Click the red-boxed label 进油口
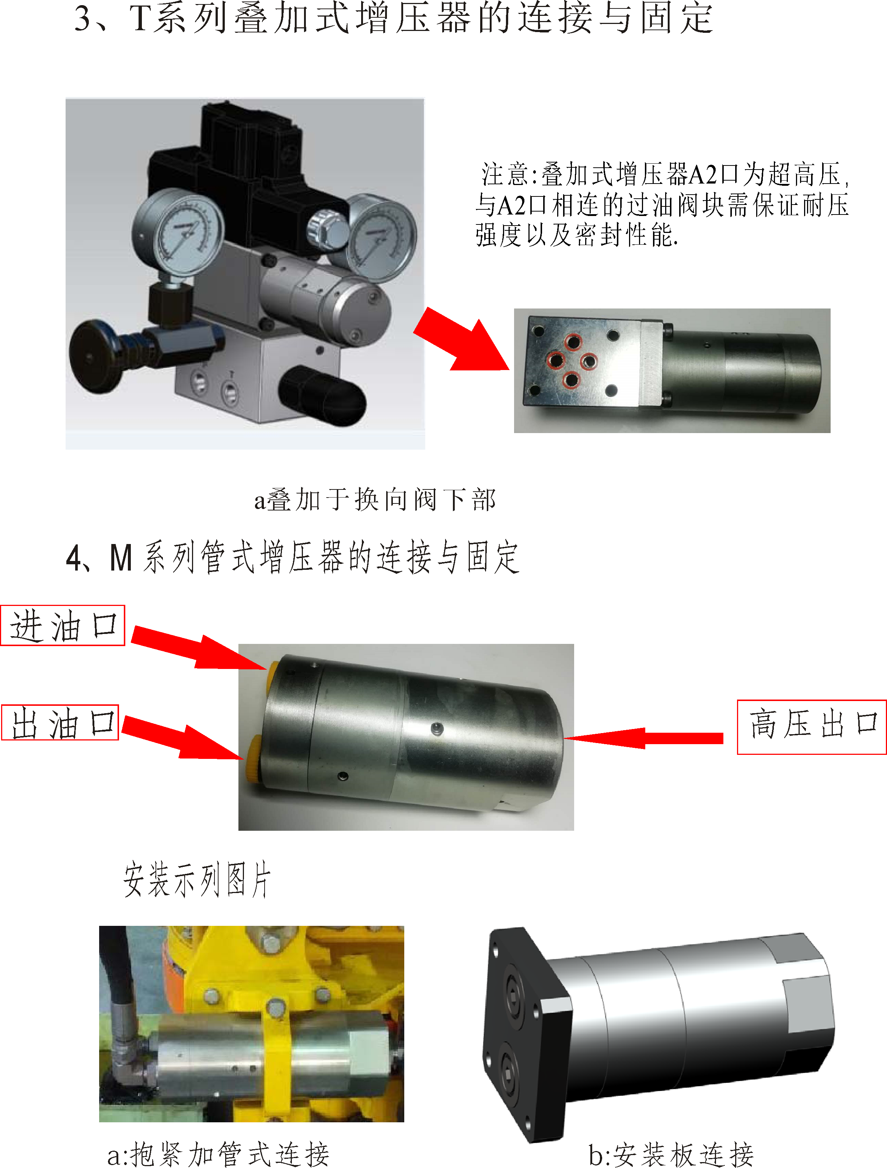pos(63,625)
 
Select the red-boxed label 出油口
pos(60,722)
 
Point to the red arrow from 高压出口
pos(643,738)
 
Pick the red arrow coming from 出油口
pos(183,738)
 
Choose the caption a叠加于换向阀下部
pos(375,499)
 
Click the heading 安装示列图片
pos(198,879)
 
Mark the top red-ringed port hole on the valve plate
pos(573,342)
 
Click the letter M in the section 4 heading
pos(121,558)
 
